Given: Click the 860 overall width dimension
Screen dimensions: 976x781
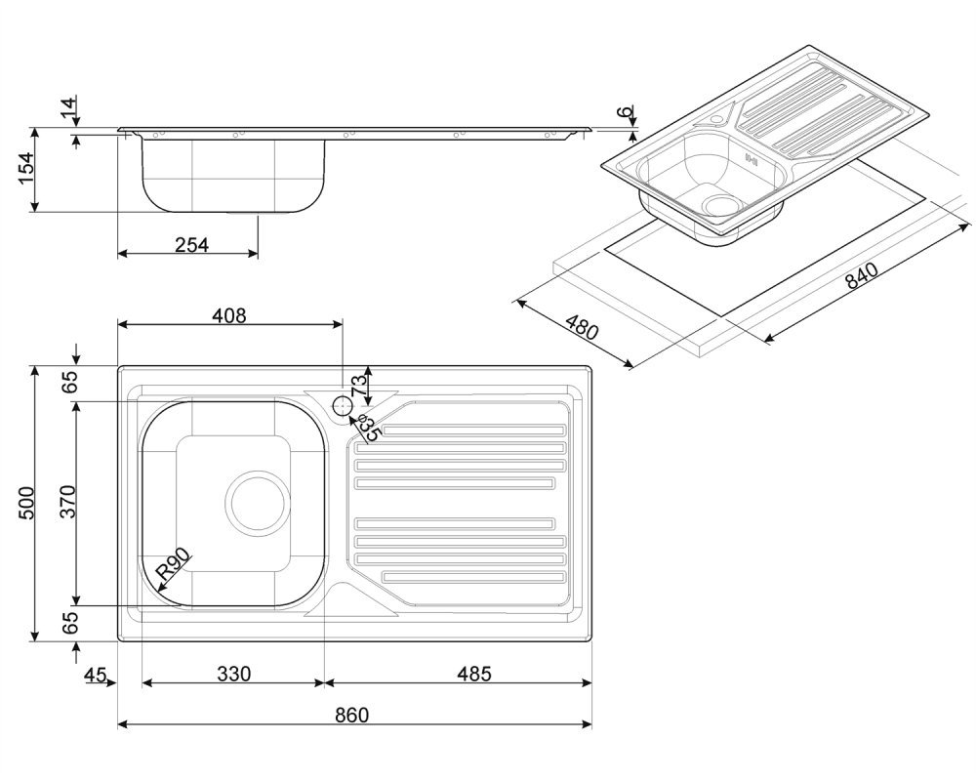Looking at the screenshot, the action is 352,715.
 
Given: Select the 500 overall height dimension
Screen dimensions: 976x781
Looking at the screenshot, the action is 26,503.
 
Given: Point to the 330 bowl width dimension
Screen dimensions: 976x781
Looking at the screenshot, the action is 234,674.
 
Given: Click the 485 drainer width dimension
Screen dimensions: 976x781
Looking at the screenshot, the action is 474,674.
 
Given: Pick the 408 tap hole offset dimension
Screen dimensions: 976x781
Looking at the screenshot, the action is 229,315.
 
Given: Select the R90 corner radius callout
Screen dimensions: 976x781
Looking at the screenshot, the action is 172,563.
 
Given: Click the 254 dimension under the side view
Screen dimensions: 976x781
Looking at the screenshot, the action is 191,245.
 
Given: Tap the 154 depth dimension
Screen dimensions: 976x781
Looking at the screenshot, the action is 26,168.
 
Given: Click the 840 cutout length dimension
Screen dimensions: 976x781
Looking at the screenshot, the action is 862,275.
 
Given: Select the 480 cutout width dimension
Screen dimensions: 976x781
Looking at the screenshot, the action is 582,327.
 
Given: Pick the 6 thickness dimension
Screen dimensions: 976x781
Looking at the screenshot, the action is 625,111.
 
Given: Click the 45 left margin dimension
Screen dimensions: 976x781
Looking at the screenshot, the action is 96,675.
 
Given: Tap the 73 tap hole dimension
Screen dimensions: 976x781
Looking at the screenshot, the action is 358,387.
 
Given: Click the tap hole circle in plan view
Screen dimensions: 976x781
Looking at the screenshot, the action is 343,405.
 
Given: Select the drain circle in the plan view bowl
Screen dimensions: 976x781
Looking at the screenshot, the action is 258,503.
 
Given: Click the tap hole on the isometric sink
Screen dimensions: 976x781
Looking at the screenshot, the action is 717,118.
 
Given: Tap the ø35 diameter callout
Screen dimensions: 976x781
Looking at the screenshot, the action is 369,430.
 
